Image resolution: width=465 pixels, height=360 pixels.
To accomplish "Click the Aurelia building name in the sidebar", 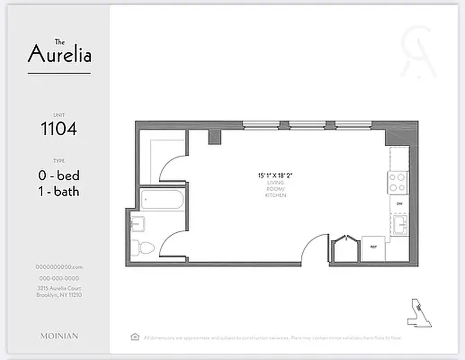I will point(59,54).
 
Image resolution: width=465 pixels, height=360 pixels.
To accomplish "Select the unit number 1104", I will point(59,129).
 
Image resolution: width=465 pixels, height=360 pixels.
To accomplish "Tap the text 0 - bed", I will point(59,175).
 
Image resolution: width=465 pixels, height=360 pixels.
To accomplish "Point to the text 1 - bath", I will point(59,192).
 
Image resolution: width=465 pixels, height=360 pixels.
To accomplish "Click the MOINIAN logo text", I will point(59,336).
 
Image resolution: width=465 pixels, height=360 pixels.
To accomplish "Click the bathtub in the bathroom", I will point(162,199).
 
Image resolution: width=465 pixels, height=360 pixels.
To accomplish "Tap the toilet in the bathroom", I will point(143,247).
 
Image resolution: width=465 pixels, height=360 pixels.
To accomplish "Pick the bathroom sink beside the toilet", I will point(137,224).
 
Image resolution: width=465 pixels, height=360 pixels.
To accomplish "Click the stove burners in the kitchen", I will point(398,183).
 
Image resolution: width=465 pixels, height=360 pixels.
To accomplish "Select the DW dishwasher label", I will point(399,204).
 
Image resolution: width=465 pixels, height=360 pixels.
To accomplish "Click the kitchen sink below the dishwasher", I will point(400,225).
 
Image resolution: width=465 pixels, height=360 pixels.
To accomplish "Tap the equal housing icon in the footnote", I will point(134,337).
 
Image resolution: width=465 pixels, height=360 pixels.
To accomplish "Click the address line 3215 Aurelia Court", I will point(59,288).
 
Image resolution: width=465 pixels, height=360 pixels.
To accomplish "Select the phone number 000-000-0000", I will point(59,279).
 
